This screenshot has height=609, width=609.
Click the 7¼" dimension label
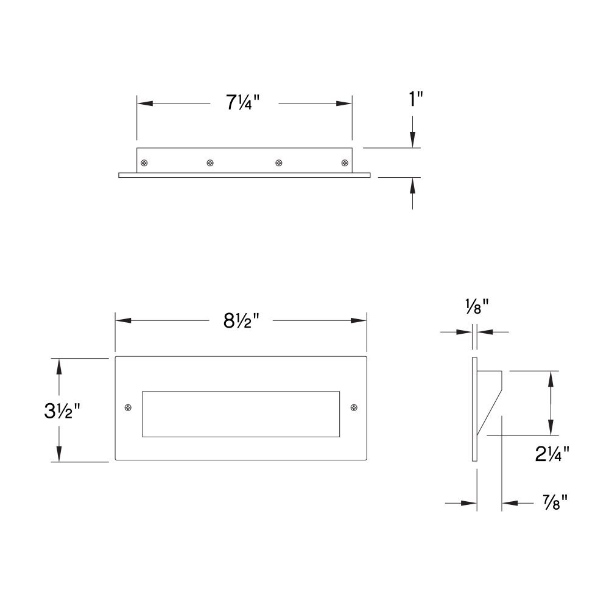click(242, 103)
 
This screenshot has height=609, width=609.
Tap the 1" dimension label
click(416, 99)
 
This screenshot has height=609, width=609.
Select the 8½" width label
click(241, 321)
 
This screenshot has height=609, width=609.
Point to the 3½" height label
click(62, 411)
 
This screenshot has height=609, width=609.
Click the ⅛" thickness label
click(477, 307)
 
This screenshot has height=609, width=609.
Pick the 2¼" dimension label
click(552, 454)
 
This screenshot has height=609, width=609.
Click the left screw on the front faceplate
click(128, 407)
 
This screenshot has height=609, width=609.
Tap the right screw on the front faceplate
click(354, 407)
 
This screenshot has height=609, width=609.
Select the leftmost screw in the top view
click(144, 163)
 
